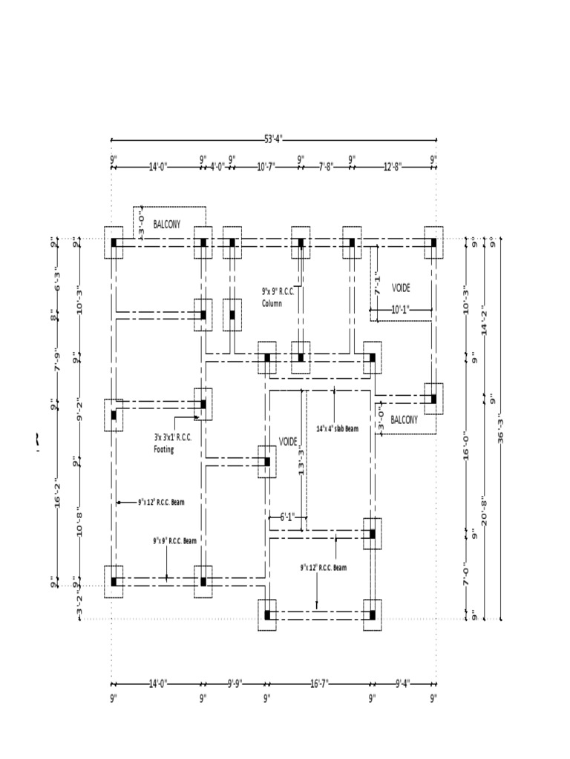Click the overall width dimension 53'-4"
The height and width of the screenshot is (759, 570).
273,139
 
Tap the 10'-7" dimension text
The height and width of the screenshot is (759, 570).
266,167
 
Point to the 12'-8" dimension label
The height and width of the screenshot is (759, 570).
393,167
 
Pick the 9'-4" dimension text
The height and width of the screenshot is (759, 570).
403,683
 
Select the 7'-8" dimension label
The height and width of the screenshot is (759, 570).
327,167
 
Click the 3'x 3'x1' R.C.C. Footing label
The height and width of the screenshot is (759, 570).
172,443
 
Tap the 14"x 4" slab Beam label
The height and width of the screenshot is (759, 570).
343,428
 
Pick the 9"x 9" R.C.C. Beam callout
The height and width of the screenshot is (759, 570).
174,540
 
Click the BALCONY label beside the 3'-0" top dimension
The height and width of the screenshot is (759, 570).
168,223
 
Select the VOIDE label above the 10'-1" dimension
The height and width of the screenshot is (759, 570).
401,287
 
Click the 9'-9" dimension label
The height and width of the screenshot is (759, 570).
234,683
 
